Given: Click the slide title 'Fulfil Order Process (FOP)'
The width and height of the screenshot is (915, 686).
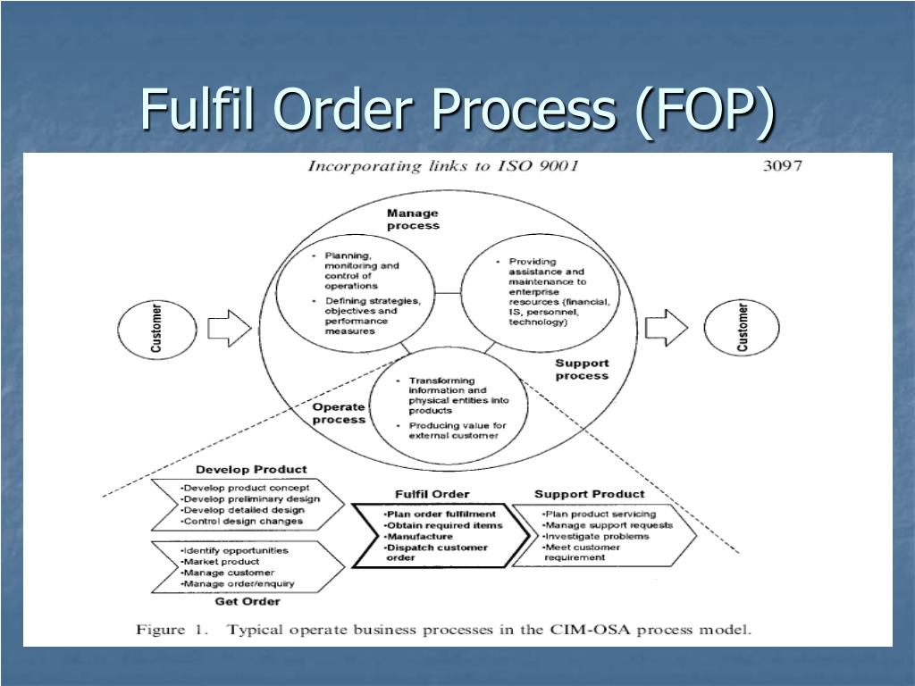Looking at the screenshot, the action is coord(458,110).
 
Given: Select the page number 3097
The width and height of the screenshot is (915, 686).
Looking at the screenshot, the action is coord(783,166).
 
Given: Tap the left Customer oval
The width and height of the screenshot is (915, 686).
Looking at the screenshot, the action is coord(157,329).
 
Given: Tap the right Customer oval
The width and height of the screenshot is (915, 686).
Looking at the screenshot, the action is coord(742,327).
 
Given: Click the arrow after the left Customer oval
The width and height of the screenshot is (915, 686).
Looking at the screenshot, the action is coord(230,328).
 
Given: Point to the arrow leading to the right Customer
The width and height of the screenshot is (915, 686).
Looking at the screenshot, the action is coord(667,327).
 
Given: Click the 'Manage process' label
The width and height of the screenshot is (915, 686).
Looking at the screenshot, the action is coord(413,220).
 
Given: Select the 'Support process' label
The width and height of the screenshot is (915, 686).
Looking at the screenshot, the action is coord(582,369).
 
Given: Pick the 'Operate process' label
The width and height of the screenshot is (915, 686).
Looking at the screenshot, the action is coord(339,413).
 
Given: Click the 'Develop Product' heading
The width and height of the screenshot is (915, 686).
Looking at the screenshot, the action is coord(251,470).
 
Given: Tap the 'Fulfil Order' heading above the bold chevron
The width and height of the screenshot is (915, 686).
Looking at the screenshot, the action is coord(432,494).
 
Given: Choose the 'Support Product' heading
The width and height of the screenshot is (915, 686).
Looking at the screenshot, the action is coord(590,494).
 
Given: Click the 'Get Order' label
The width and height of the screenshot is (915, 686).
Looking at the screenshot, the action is coord(248,601).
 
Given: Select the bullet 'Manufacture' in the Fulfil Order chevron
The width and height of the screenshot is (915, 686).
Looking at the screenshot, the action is coord(418,537).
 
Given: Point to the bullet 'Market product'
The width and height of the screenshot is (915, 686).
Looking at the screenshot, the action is coord(220,562).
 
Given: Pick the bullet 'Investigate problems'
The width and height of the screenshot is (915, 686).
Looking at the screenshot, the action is coord(595,536).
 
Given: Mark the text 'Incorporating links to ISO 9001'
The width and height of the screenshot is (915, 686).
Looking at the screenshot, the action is coord(443,166).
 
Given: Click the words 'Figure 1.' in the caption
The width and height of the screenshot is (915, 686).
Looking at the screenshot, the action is coord(172,630).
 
